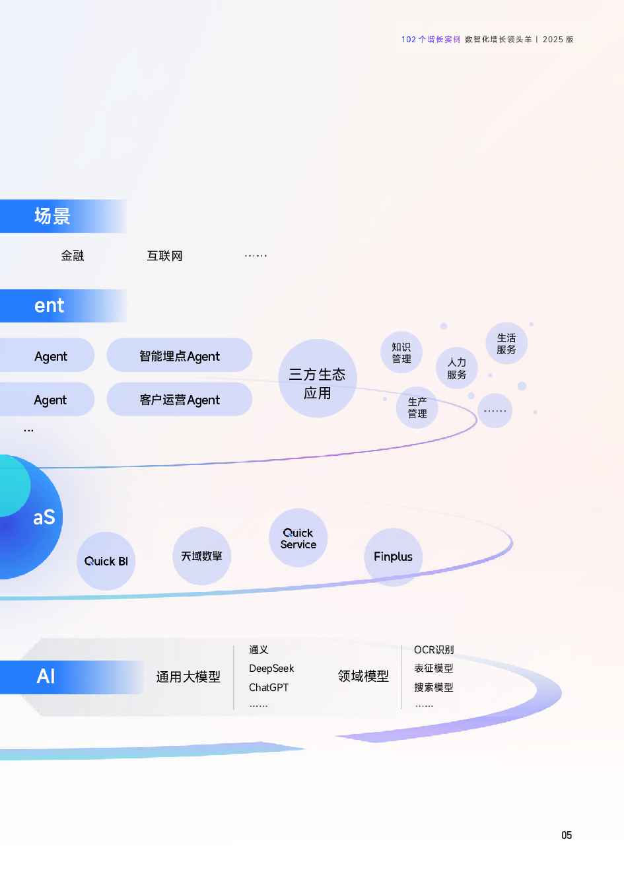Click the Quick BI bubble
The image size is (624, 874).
(x=106, y=561)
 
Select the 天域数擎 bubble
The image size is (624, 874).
(x=201, y=556)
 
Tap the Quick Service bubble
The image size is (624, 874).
(x=298, y=538)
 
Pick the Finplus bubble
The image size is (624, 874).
(x=393, y=557)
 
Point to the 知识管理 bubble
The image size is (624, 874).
(x=401, y=353)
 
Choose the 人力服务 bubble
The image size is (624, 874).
(x=457, y=368)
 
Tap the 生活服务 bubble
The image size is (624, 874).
(x=506, y=344)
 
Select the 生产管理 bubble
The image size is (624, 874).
(x=417, y=408)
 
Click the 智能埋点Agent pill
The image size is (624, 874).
(x=180, y=356)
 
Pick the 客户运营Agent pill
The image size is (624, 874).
(x=180, y=400)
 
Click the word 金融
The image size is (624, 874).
(x=73, y=256)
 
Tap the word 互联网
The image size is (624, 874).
(x=164, y=256)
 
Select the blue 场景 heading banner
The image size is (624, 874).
(x=63, y=216)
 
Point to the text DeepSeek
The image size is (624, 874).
(x=271, y=669)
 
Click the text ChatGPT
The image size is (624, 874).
(x=269, y=688)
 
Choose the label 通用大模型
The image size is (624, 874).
(x=188, y=677)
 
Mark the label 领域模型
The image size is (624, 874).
(x=363, y=676)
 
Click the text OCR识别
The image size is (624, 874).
(x=434, y=650)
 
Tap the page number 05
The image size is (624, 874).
(x=567, y=835)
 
